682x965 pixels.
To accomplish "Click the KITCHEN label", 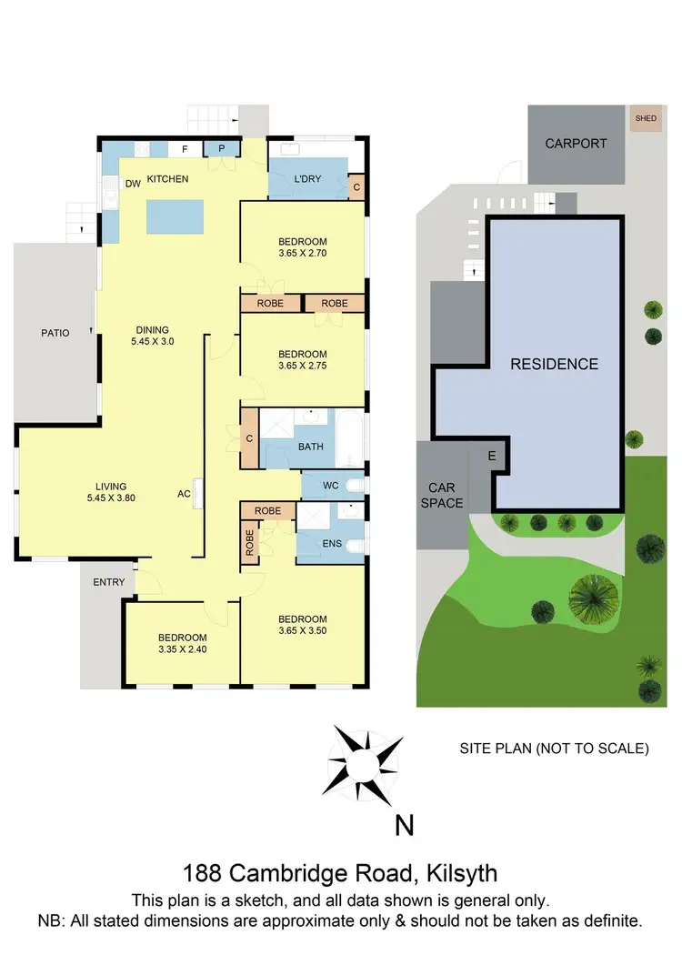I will click(x=167, y=179).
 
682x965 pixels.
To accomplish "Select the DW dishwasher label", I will click(x=133, y=184).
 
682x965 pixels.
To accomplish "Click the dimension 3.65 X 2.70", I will click(x=302, y=255).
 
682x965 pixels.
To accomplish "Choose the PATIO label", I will click(x=55, y=333).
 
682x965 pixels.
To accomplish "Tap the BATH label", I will click(x=310, y=447).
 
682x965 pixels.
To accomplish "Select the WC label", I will click(x=330, y=486).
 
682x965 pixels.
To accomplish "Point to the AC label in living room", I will click(x=184, y=496).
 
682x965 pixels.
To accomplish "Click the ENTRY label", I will click(x=108, y=582).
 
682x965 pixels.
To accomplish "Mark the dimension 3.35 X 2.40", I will click(x=182, y=649).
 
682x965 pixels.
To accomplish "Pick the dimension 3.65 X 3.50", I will click(x=302, y=631).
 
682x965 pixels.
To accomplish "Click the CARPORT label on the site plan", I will click(x=575, y=143).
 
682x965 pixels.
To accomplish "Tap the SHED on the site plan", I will click(x=646, y=118).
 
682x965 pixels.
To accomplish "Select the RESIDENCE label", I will click(x=554, y=364).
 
